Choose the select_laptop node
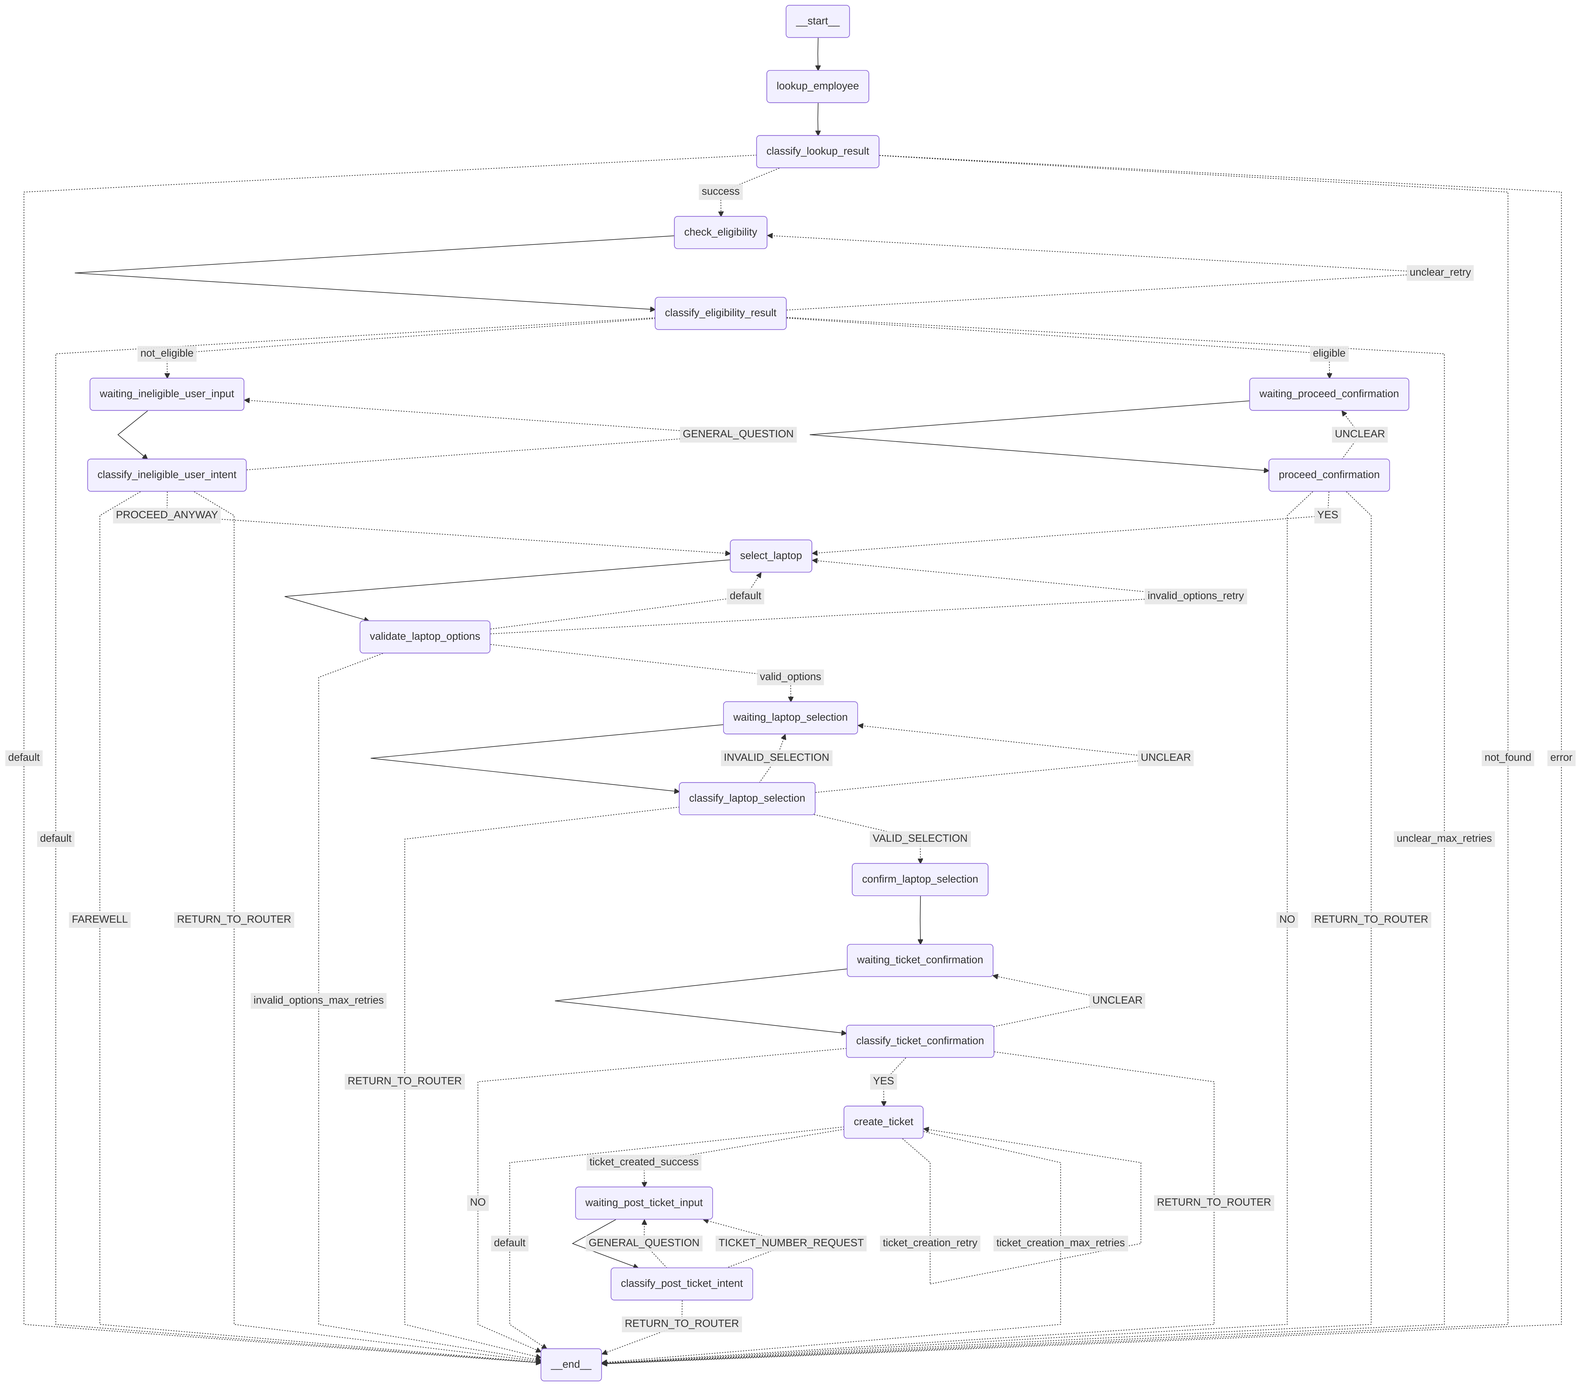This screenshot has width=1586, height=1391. (x=771, y=555)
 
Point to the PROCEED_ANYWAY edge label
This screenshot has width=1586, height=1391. (x=167, y=515)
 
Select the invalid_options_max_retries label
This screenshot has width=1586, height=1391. (x=318, y=1000)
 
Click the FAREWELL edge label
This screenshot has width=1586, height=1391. (x=99, y=919)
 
